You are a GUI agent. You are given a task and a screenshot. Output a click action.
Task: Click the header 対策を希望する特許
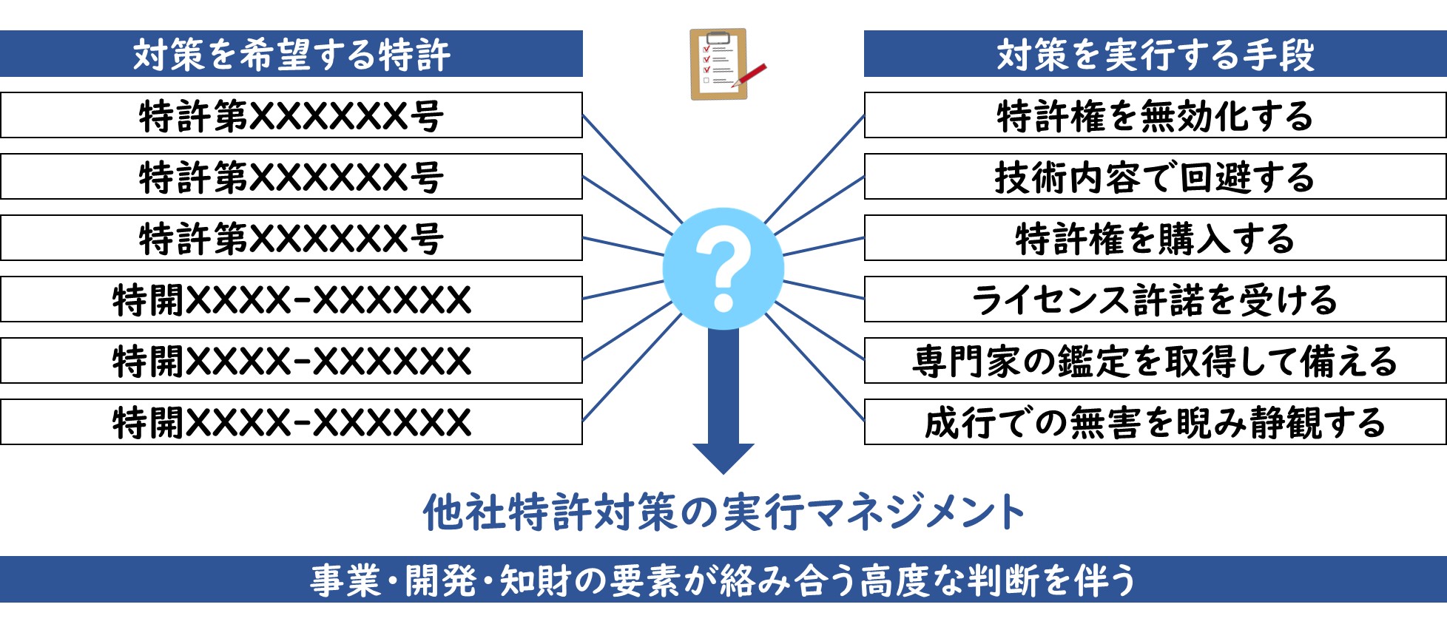click(x=291, y=54)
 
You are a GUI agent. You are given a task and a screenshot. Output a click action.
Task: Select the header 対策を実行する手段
click(x=1155, y=54)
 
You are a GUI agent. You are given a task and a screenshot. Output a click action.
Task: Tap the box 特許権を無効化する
click(x=1155, y=115)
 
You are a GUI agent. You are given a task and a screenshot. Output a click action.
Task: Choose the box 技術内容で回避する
click(x=1155, y=177)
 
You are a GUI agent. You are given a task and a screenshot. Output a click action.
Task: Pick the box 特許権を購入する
click(x=1155, y=238)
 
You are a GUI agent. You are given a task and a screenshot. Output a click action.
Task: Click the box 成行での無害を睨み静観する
click(x=1155, y=422)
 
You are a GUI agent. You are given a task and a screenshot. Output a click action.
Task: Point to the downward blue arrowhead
click(x=723, y=458)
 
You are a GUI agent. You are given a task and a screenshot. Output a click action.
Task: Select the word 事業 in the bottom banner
click(x=345, y=580)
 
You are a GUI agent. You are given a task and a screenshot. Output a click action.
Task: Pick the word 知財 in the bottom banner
click(x=536, y=580)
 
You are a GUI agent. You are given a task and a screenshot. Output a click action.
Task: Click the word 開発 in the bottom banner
click(x=441, y=580)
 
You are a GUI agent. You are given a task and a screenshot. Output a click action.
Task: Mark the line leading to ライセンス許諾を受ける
click(x=823, y=290)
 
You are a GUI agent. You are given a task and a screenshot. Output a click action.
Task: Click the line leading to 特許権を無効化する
click(x=814, y=169)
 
